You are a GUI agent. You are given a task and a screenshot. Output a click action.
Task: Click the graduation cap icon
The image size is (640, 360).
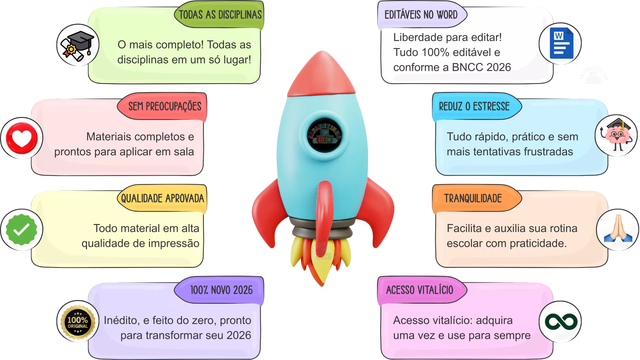click(78, 45)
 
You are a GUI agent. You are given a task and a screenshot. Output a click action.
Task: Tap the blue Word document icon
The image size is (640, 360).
click(561, 43)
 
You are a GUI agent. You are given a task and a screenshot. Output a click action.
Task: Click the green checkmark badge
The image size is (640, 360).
click(22, 230)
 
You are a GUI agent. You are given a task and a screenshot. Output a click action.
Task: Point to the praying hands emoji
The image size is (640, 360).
click(618, 230)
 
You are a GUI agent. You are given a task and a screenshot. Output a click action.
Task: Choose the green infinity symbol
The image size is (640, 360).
click(561, 322)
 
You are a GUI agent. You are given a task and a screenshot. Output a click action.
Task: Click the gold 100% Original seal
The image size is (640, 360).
click(78, 322)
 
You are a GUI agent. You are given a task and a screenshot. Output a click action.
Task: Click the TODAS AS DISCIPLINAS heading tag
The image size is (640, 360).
click(220, 15)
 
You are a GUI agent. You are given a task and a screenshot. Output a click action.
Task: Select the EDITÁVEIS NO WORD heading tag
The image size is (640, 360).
click(421, 15)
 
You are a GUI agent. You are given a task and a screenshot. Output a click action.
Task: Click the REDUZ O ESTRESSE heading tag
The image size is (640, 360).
click(474, 107)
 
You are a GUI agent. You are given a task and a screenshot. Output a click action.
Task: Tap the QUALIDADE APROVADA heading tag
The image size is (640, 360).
click(162, 199)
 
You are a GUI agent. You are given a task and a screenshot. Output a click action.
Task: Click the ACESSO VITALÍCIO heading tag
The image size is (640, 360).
click(420, 290)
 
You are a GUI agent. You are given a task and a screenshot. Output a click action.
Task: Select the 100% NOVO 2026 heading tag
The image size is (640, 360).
click(221, 290)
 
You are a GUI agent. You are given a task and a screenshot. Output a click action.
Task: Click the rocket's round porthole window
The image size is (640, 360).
click(324, 135)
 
